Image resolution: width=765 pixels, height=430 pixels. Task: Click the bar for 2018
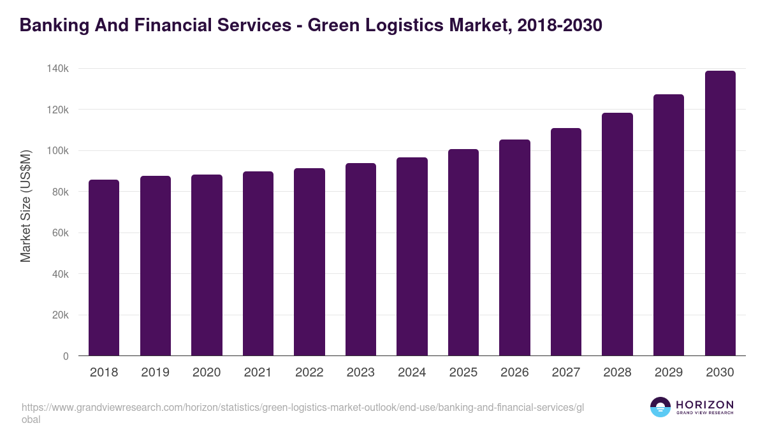104,268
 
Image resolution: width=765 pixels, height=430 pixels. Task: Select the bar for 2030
720,213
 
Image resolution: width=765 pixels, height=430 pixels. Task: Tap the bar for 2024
412,257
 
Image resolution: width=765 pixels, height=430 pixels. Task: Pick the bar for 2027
566,242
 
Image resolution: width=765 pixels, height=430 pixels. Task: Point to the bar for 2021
258,264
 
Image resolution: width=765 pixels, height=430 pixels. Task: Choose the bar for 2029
669,225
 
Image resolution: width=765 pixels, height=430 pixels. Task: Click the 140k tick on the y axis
57,69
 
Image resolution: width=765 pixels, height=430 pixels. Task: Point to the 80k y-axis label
59,192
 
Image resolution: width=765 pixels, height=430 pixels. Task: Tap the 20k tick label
59,315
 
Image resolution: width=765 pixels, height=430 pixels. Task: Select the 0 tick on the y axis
66,356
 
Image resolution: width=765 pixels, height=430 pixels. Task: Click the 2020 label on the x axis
207,373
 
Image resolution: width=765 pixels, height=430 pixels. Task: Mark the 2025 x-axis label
463,373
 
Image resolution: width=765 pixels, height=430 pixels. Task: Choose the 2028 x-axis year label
617,373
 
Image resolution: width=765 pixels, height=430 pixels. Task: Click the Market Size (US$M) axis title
25,206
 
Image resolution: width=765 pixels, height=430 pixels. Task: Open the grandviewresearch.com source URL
302,407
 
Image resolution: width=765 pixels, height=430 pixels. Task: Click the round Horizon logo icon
660,407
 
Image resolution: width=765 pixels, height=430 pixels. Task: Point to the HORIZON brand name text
704,405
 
